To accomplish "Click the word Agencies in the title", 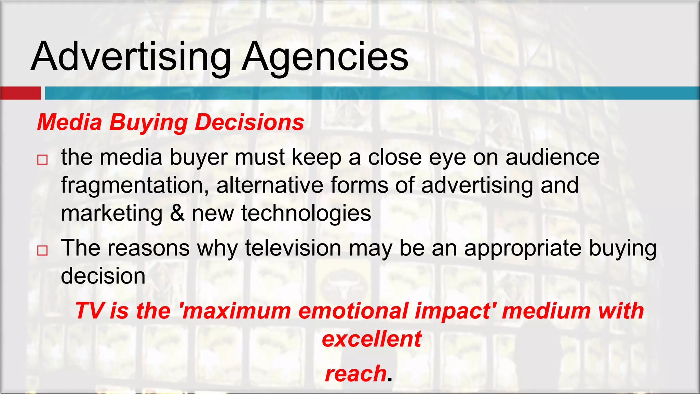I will tap(325, 56).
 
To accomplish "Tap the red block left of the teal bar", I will tap(21, 93).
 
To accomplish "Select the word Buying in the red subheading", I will tap(148, 122).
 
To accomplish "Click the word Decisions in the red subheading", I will tap(249, 122).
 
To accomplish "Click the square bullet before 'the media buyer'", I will tap(42, 160).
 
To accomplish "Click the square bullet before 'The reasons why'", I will tap(42, 250).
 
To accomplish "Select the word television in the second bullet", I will tap(293, 248).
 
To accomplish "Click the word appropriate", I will tap(523, 248).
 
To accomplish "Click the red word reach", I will tap(355, 373).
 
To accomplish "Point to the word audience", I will tap(552, 158).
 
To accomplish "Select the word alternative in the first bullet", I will tap(270, 185).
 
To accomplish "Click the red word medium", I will tap(546, 311).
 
